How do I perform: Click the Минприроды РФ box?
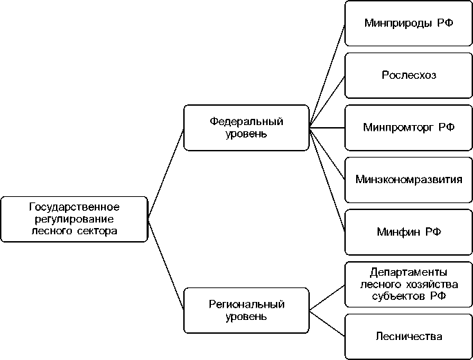click(x=409, y=23)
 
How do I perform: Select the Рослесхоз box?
click(x=409, y=75)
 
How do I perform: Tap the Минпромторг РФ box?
click(x=409, y=127)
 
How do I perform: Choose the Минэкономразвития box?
click(x=409, y=180)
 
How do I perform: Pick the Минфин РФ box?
click(x=409, y=231)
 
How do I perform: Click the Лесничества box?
click(x=409, y=337)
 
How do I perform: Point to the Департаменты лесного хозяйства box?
click(x=409, y=284)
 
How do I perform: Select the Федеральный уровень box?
click(x=246, y=127)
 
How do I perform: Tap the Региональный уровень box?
click(x=246, y=310)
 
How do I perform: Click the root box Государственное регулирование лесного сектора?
click(x=75, y=219)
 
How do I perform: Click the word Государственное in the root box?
click(x=75, y=207)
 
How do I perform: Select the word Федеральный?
click(x=246, y=122)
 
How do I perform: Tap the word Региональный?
click(x=246, y=304)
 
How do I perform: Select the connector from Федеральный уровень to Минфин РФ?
click(x=327, y=180)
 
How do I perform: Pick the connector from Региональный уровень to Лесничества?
click(x=327, y=323)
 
